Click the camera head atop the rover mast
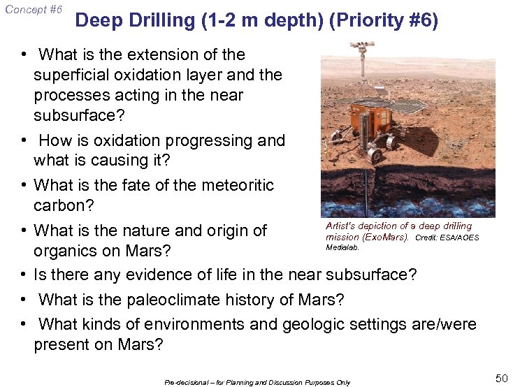[x=361, y=49]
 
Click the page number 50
[x=501, y=378]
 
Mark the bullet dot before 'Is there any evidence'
[x=24, y=275]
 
